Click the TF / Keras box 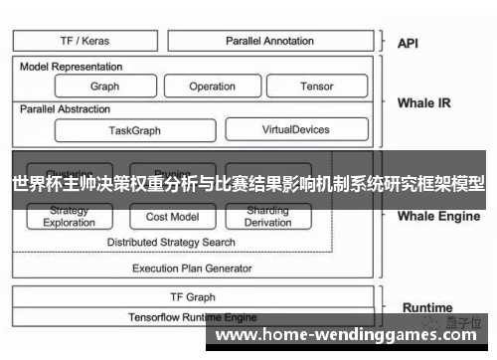tap(85, 41)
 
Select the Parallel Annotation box tap(269, 41)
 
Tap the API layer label tap(408, 43)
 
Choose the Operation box tap(212, 87)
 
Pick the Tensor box tap(317, 87)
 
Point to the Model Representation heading tap(72, 67)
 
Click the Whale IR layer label tap(423, 102)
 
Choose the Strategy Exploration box tap(69, 217)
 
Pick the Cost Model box tap(172, 217)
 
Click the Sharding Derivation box tap(267, 217)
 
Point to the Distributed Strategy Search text tap(171, 242)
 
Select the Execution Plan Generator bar tap(192, 268)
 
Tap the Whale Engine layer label tap(438, 215)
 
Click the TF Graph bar tap(192, 296)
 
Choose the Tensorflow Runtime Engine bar tap(192, 316)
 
